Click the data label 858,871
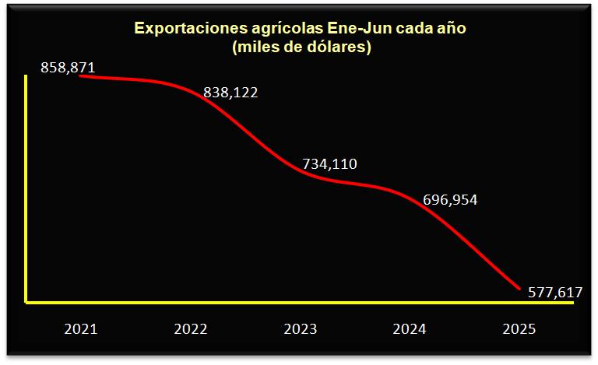pos(68,68)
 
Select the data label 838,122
pos(230,93)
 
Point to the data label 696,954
pos(450,200)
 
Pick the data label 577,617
pos(554,293)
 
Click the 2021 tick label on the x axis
pos(81,329)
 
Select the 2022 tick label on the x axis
pos(191,329)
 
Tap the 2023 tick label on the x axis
pos(301,329)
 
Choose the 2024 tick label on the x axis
pos(410,329)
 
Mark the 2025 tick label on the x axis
pos(519,329)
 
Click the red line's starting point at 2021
pos(81,76)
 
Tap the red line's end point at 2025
pos(519,289)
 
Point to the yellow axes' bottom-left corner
pos(26,301)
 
